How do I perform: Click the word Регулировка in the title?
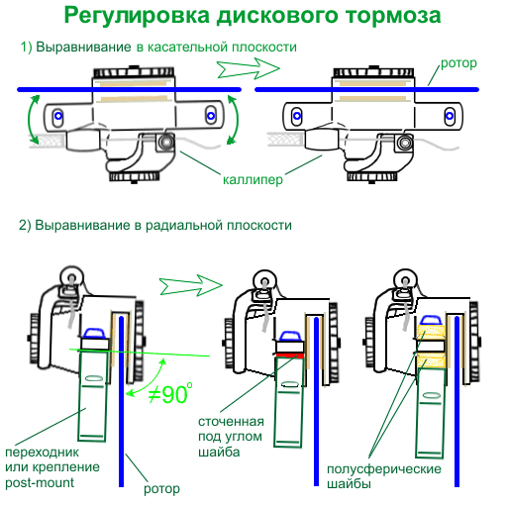137,17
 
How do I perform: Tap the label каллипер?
253,180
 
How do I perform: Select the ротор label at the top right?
458,63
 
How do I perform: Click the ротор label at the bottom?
161,489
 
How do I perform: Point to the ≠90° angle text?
170,393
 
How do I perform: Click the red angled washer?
290,355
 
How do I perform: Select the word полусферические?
384,468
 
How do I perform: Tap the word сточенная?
231,422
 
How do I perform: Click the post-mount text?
40,483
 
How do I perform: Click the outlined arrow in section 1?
249,68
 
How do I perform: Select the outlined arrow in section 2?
191,284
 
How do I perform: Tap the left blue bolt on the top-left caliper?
58,116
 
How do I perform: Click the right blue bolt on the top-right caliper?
450,116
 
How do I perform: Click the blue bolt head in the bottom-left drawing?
94,334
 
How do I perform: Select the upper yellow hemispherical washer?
432,332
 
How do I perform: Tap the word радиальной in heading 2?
184,226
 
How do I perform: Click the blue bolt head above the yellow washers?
431,320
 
